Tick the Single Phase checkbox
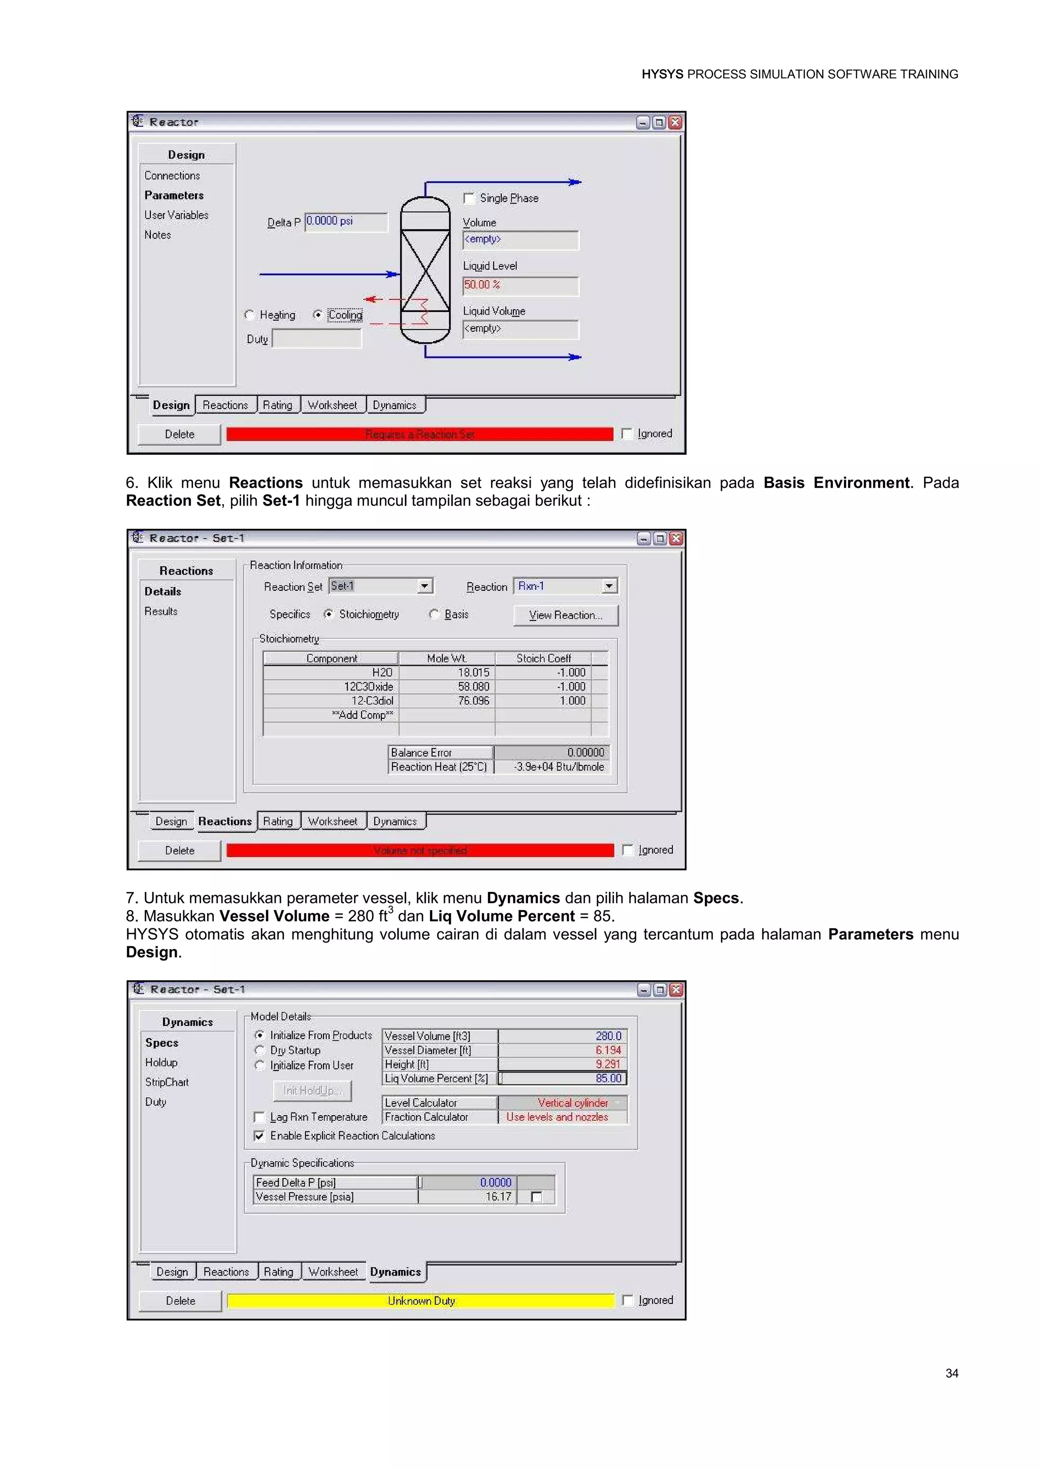coord(469,198)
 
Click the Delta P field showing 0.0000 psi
coord(346,221)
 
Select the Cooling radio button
coord(317,315)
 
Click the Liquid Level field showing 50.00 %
coord(520,286)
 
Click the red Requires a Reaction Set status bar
coord(419,434)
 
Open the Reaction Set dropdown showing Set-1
coord(424,586)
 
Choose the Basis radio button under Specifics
coord(434,615)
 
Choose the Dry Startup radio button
coord(259,1051)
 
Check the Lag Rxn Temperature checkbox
coord(259,1117)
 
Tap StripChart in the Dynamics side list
coord(167,1082)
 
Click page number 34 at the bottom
coord(952,1373)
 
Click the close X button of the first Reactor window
coord(675,122)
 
